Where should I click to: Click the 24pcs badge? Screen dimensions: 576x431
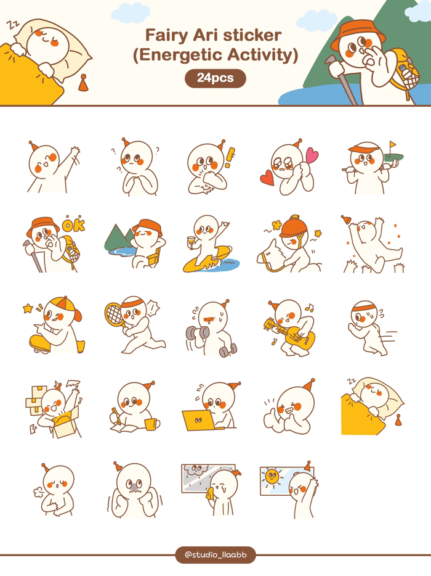tap(215, 78)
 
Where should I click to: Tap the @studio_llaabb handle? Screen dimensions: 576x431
tap(215, 554)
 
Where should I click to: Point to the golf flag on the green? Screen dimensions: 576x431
tap(392, 146)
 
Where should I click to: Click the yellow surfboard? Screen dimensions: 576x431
tap(206, 260)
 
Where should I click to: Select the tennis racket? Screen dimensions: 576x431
tap(115, 314)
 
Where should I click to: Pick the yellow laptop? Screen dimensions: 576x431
tap(196, 419)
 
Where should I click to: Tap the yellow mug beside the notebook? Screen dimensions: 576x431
tap(151, 424)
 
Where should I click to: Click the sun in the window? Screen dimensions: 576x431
tap(271, 476)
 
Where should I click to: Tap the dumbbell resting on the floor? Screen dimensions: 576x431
tap(228, 350)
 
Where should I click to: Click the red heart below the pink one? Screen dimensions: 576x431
tap(267, 178)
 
